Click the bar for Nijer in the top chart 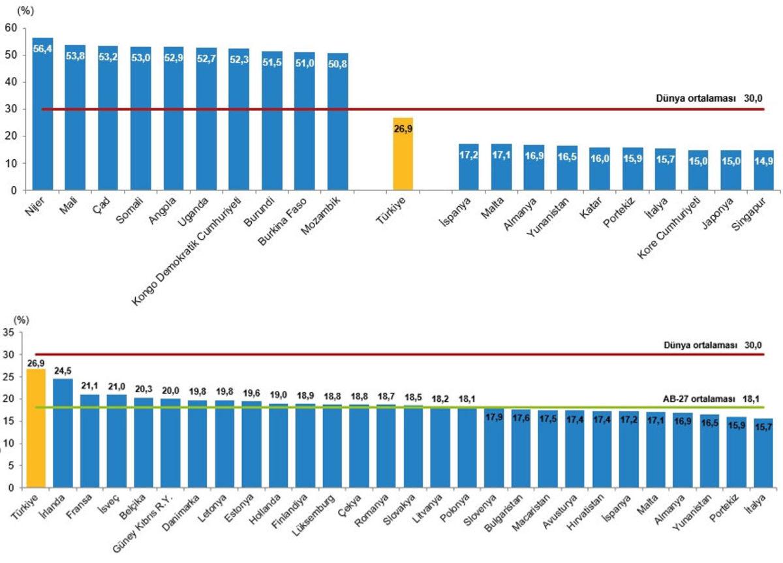pyautogui.click(x=42, y=117)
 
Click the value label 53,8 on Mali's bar pyautogui.click(x=75, y=55)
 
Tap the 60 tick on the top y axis pyautogui.click(x=10, y=28)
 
